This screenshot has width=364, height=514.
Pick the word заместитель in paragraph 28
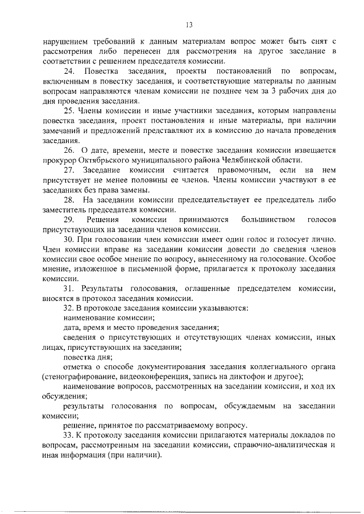click(x=65, y=209)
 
